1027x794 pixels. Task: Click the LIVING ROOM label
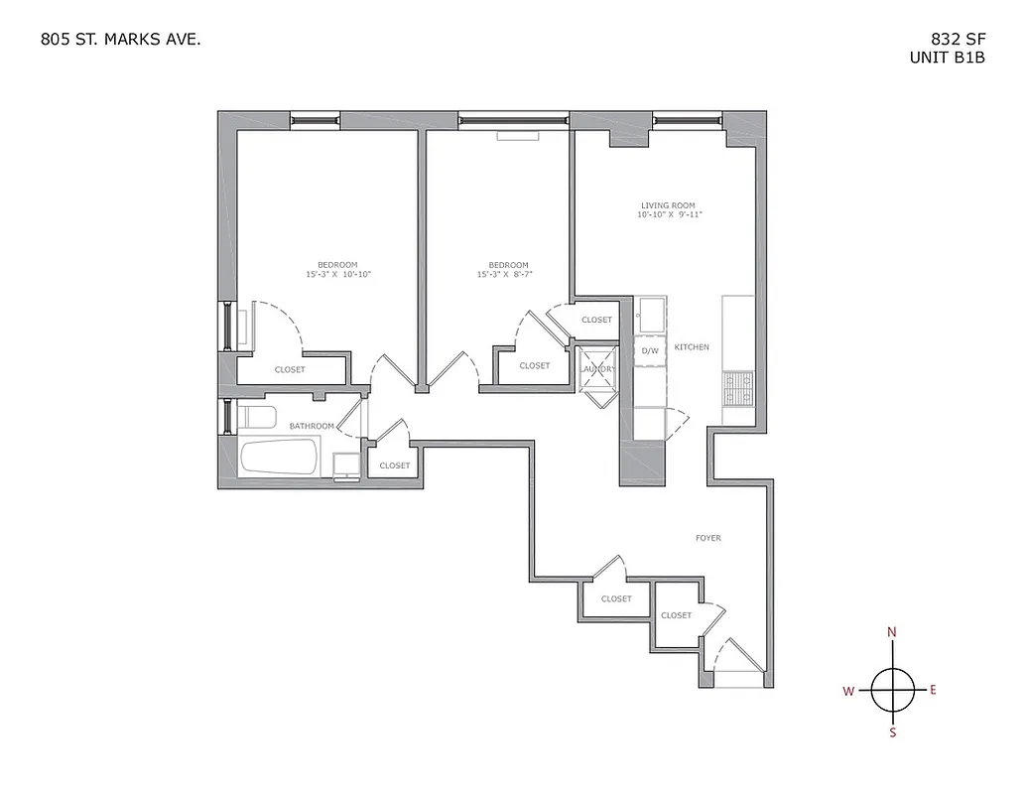(668, 205)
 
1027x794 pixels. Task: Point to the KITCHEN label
(692, 347)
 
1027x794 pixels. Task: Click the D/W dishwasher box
(651, 350)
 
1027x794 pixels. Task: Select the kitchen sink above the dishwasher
(652, 317)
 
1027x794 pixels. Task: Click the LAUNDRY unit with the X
(598, 369)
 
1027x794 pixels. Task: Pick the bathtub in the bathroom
(279, 458)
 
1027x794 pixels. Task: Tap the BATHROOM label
(312, 426)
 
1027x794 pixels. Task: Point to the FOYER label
(707, 538)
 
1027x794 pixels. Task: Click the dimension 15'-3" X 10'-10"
(337, 274)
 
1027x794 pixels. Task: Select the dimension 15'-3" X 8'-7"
(508, 274)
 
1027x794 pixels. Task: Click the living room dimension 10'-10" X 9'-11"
(676, 215)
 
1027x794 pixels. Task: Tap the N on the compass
(892, 632)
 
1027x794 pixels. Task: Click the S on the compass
(892, 732)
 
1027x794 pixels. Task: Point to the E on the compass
(933, 690)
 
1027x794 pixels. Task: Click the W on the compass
(849, 692)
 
